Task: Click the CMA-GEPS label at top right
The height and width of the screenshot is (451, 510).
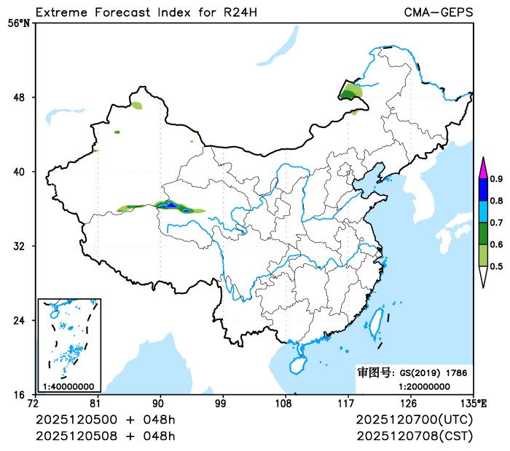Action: click(x=438, y=12)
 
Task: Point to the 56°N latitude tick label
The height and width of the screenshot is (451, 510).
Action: click(x=19, y=23)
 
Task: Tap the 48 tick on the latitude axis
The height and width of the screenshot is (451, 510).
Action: click(x=23, y=97)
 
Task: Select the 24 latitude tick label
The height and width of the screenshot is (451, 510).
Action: click(x=23, y=320)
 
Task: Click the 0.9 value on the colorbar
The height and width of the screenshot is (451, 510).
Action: click(x=496, y=179)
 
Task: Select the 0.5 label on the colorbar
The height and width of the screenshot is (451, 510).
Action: click(x=496, y=266)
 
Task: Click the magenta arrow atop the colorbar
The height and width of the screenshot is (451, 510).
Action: click(x=482, y=168)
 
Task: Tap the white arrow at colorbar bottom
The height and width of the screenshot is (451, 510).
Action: click(x=482, y=276)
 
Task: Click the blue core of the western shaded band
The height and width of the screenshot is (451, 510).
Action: click(x=171, y=205)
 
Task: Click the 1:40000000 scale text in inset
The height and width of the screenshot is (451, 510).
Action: click(x=68, y=386)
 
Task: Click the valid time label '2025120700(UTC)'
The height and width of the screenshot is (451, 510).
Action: click(x=415, y=420)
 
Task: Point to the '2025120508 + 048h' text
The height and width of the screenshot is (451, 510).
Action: click(x=106, y=436)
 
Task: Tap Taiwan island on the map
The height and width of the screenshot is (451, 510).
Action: click(x=377, y=323)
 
